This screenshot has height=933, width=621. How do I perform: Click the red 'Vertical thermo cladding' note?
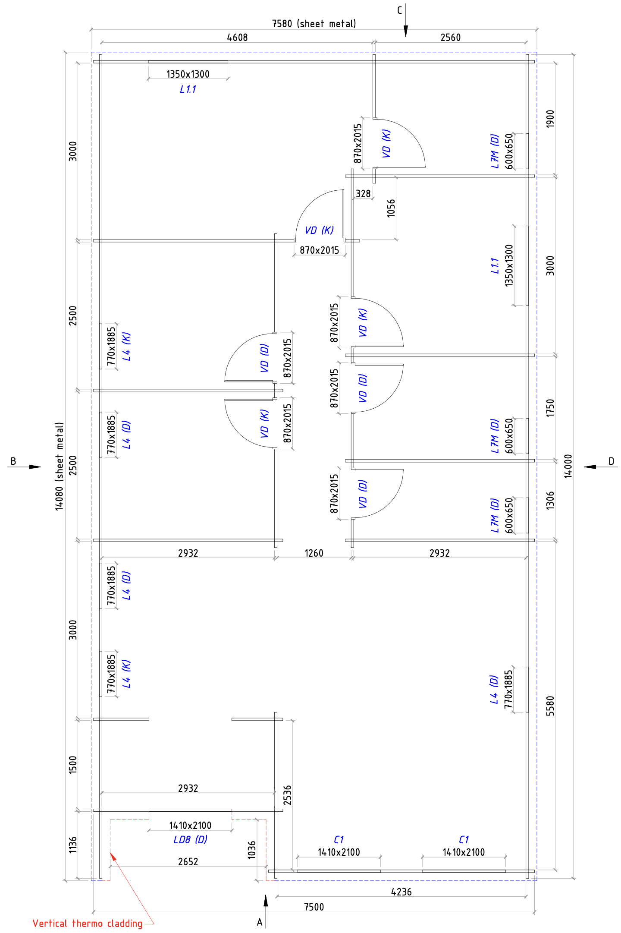click(x=88, y=923)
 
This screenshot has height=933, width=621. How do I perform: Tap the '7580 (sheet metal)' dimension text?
click(x=314, y=24)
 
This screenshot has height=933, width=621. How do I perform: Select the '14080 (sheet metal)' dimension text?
click(x=60, y=467)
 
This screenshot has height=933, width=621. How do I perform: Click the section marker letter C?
click(x=399, y=10)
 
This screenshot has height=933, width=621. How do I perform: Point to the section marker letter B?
click(x=13, y=461)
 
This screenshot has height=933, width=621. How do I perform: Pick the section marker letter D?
click(x=611, y=461)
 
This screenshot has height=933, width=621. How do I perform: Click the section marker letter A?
click(x=260, y=922)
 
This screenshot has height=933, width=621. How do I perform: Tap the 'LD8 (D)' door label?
click(x=190, y=839)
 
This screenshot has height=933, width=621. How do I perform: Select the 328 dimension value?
click(x=363, y=194)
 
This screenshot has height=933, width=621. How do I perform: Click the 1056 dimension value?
click(x=391, y=208)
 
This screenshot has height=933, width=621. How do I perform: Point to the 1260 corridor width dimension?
click(x=314, y=553)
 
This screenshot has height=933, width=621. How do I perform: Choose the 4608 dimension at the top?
click(x=238, y=38)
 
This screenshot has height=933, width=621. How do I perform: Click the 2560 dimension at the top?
click(x=451, y=38)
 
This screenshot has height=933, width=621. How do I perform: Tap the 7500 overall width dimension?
click(x=314, y=907)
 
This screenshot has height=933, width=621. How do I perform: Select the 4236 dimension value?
click(x=401, y=892)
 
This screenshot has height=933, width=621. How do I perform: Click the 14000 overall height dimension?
click(x=568, y=466)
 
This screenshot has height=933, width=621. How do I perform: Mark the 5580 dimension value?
click(x=550, y=706)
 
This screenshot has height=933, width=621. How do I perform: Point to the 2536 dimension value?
click(x=287, y=795)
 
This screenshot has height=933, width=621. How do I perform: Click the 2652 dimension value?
click(x=188, y=861)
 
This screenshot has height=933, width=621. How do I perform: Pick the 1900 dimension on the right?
click(x=550, y=119)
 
